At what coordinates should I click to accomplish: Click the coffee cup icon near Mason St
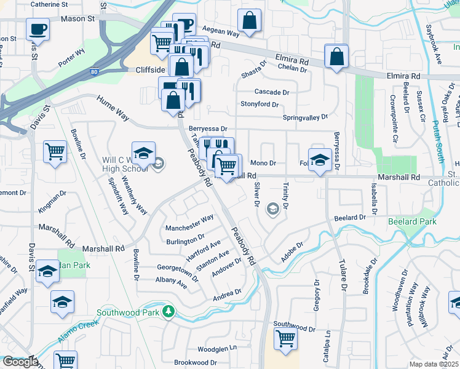[38, 28]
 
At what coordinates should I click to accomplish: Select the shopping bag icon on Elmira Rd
[336, 57]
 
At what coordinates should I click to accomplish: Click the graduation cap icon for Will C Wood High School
[143, 154]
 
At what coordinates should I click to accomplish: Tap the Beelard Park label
[411, 221]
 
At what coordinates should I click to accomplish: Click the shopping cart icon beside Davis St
[55, 151]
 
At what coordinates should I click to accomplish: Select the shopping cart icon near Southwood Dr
[285, 338]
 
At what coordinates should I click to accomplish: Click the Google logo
[20, 362]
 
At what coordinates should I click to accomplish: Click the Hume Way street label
[111, 106]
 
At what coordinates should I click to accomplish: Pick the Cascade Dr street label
[271, 92]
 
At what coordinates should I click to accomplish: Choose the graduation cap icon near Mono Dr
[319, 160]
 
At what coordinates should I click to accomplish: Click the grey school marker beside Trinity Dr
[272, 210]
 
